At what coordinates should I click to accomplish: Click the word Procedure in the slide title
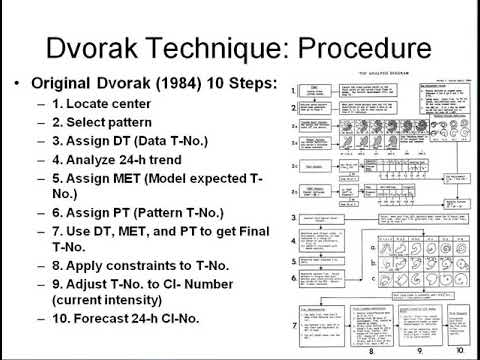click(373, 49)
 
